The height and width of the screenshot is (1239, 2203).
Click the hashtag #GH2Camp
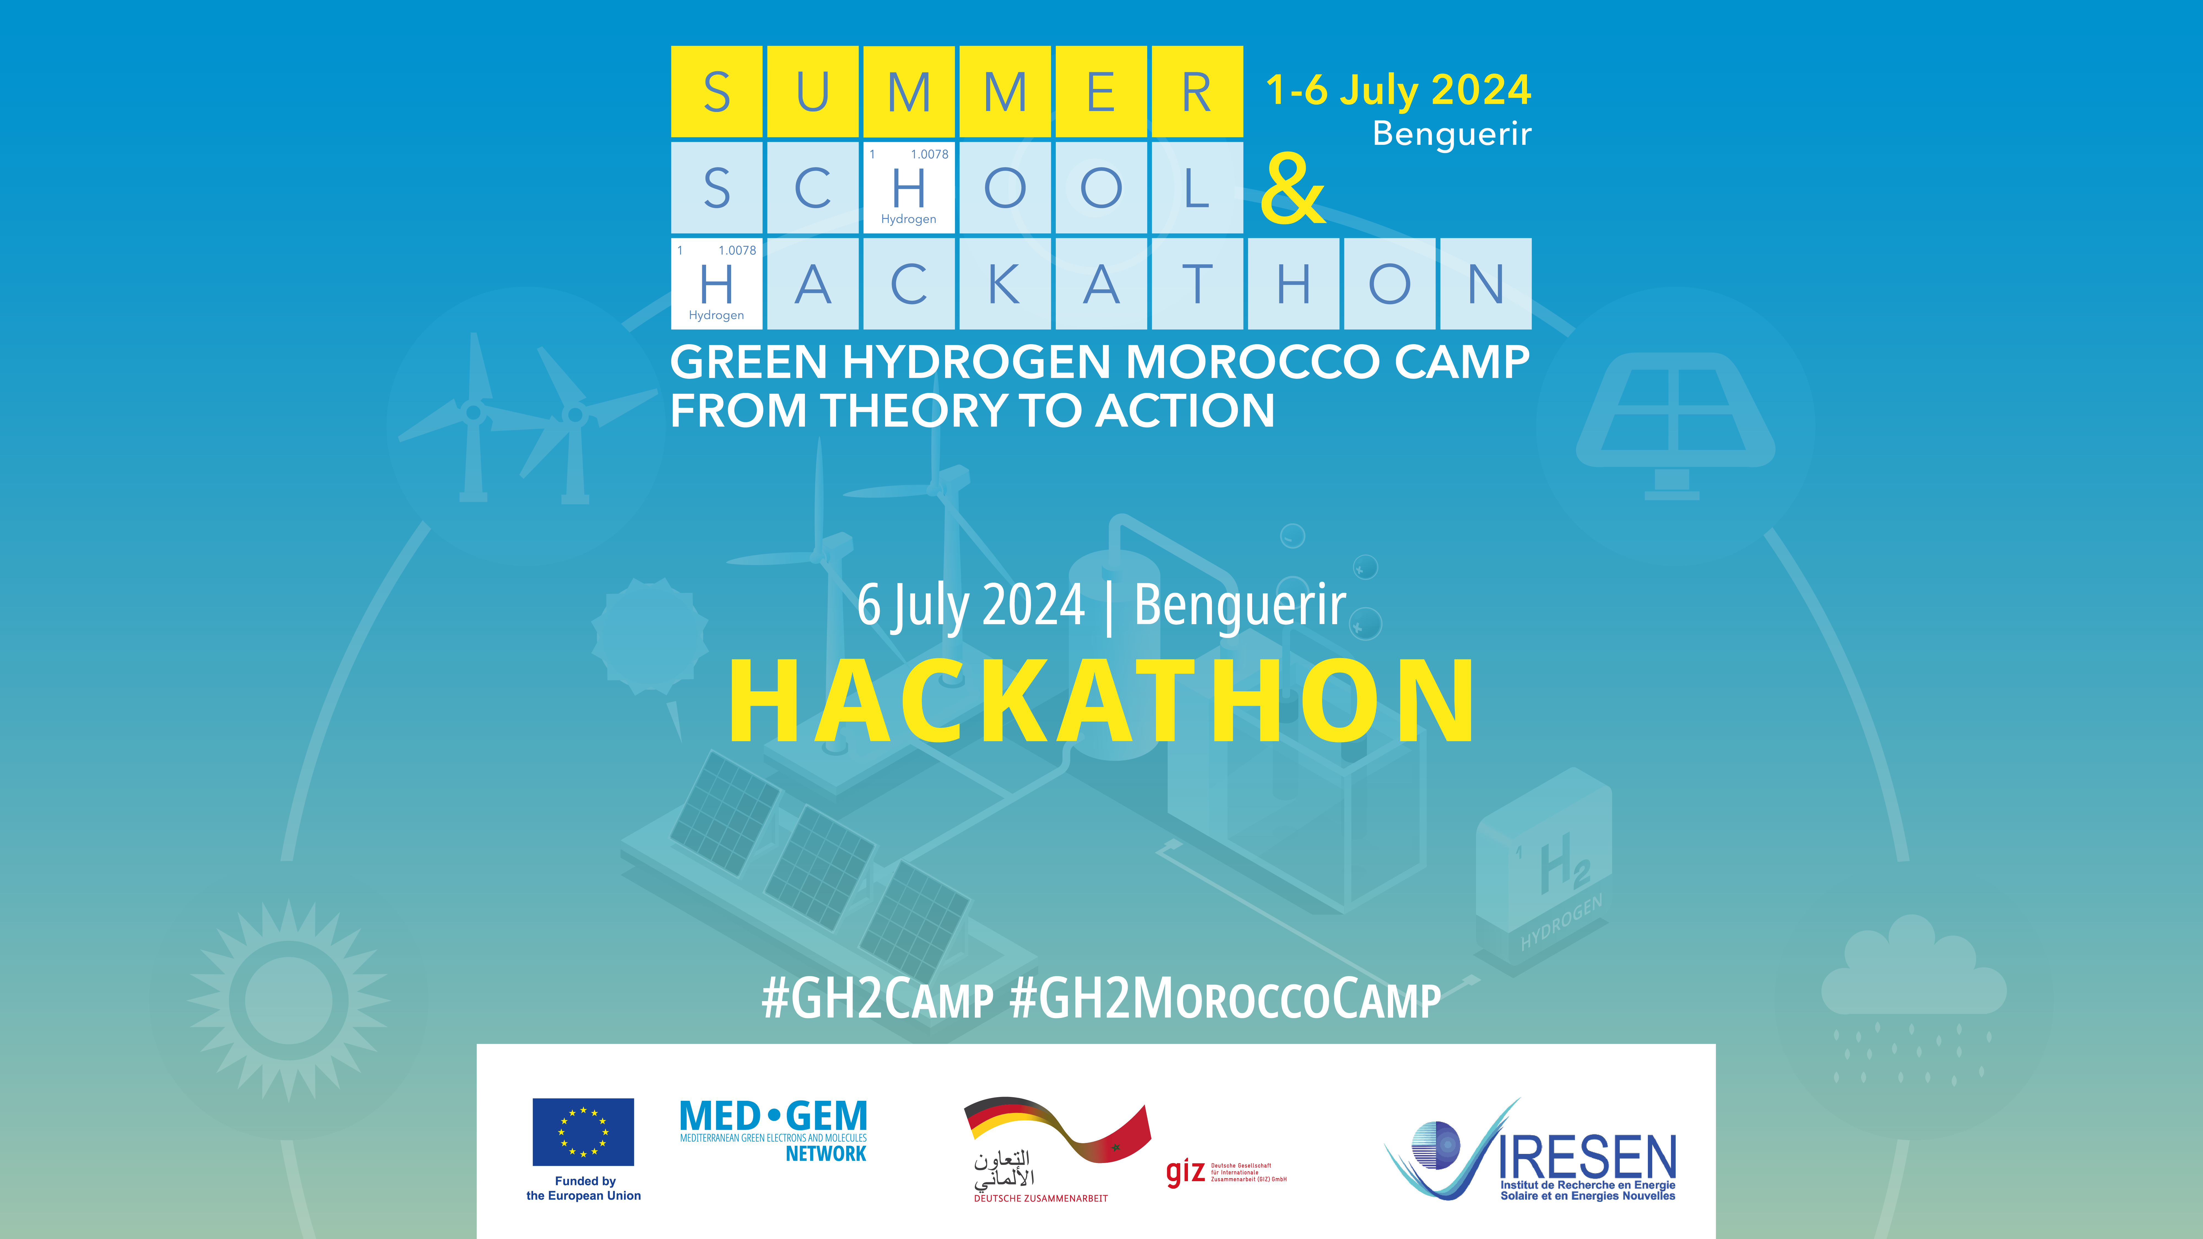[x=877, y=999]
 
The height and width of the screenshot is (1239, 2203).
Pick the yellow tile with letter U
[x=812, y=91]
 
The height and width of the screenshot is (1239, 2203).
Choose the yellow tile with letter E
[x=1101, y=91]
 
